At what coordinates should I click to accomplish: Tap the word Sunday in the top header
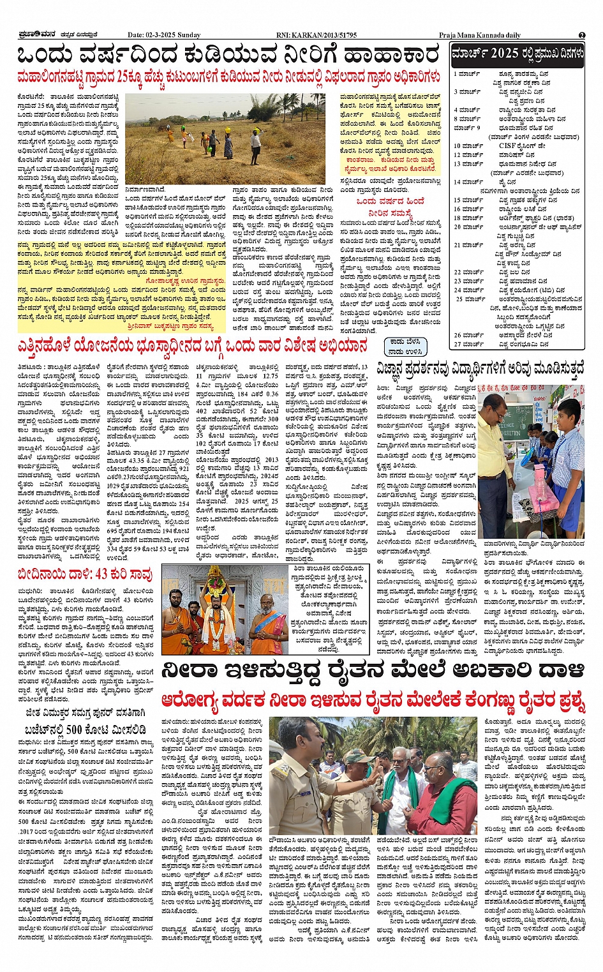click(189, 35)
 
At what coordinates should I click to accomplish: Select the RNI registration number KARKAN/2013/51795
click(325, 35)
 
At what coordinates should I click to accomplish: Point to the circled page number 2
click(582, 35)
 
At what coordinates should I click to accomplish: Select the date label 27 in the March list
click(458, 344)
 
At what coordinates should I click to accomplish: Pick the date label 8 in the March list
click(456, 119)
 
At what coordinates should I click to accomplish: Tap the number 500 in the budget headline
click(75, 729)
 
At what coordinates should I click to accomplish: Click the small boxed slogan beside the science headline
click(405, 347)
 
